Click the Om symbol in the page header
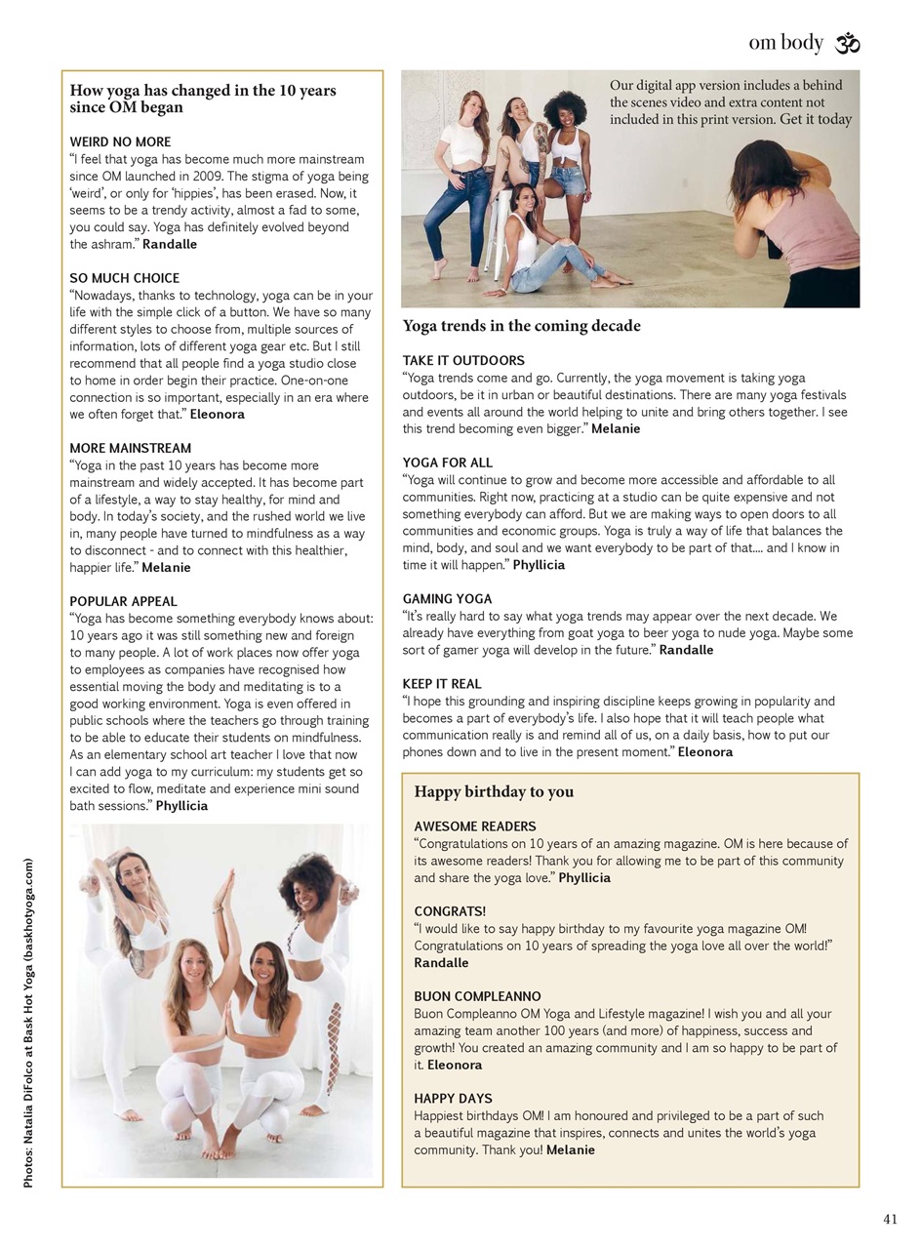pos(847,44)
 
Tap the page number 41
pos(889,1219)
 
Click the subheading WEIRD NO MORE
pos(120,141)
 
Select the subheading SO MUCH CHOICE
pos(125,278)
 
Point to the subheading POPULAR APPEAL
pos(123,601)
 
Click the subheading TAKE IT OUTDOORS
pos(463,360)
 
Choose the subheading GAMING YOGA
pos(447,598)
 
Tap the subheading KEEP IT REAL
pos(442,684)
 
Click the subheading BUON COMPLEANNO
pos(477,996)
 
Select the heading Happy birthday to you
pos(494,791)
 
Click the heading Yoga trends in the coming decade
pos(522,326)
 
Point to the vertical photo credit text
pos(29,1023)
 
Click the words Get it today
pos(816,119)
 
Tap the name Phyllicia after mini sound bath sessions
pos(181,806)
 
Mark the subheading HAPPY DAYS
pos(453,1098)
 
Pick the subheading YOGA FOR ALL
pos(448,463)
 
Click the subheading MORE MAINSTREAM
pos(131,449)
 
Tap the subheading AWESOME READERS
pos(475,826)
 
